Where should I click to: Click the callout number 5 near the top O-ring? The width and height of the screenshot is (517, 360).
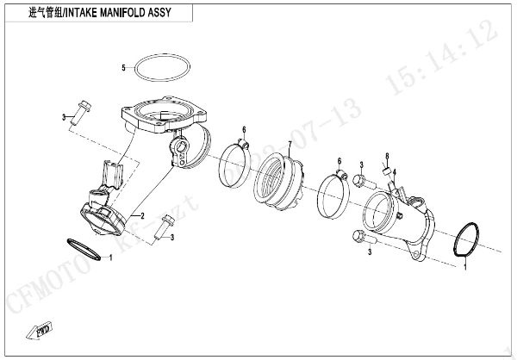tap(123, 67)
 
